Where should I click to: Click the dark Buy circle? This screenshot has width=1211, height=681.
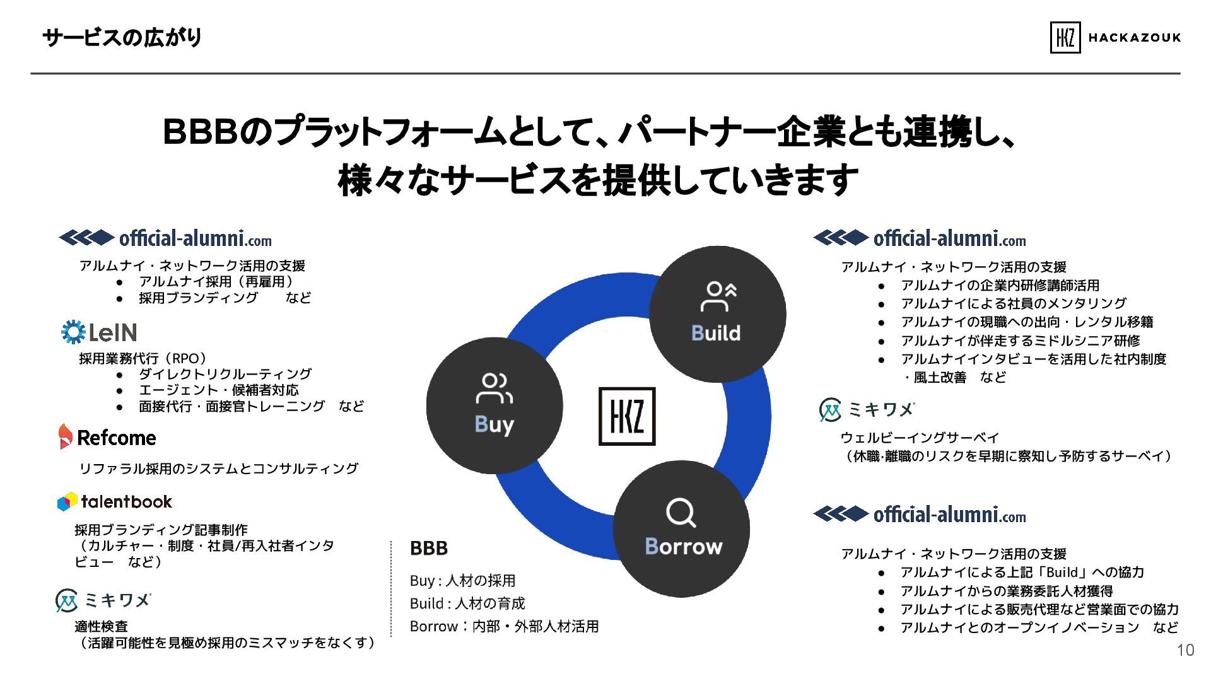(x=494, y=405)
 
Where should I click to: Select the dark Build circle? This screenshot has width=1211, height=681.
(x=717, y=313)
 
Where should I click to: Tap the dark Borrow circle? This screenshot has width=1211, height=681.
(x=681, y=528)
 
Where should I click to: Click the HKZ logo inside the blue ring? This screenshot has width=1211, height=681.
(x=626, y=416)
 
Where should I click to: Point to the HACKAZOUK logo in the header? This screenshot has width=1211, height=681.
(x=1114, y=37)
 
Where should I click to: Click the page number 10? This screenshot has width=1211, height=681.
(x=1185, y=650)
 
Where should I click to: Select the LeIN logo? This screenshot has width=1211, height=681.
(x=99, y=332)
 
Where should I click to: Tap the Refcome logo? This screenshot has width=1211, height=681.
(x=107, y=437)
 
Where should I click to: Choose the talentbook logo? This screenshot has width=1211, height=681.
(x=115, y=502)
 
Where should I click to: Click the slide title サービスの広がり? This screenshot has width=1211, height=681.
(x=122, y=37)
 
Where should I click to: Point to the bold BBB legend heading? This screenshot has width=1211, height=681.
(x=428, y=548)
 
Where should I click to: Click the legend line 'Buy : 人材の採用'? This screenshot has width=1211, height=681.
(x=462, y=580)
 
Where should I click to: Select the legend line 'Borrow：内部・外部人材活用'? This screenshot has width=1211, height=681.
(x=504, y=626)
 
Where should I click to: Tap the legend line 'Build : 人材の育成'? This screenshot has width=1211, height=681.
(x=467, y=603)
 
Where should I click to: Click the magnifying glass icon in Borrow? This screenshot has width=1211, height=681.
(x=681, y=513)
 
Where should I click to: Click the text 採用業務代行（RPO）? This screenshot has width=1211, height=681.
(x=143, y=358)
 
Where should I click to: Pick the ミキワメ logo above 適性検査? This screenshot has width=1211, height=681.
(x=103, y=600)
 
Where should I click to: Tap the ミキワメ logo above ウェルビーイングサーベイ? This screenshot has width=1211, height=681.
(x=866, y=409)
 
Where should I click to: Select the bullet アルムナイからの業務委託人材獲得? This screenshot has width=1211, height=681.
(x=1006, y=591)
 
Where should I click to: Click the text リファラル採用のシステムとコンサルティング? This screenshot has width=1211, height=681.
(x=218, y=469)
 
